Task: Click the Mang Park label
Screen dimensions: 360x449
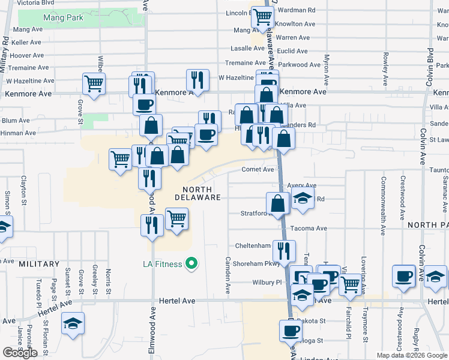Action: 63,17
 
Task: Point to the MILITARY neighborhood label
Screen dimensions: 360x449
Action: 39,264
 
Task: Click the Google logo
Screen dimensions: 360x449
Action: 20,353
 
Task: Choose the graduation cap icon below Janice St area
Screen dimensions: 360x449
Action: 73,323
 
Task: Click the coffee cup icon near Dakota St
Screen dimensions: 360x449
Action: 291,331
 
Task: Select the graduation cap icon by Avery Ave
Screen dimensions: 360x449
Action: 303,200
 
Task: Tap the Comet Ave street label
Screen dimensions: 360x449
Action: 258,170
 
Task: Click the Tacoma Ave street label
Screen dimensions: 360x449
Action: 309,229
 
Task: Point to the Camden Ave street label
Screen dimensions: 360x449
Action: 228,275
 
